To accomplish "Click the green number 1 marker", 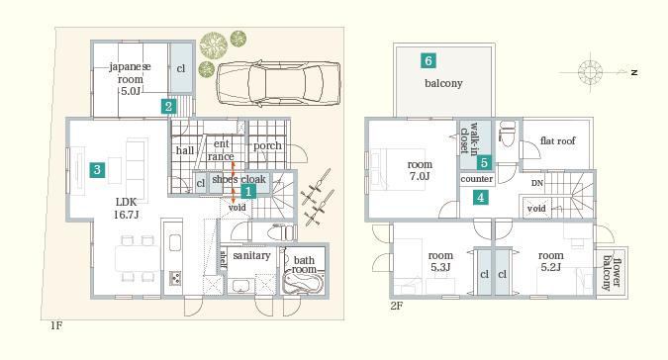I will point(247,191).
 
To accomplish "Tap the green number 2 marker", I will point(169,106).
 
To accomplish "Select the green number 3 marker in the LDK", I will point(97,169).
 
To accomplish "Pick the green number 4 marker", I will point(480,197).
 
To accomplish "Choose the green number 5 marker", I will point(484,162).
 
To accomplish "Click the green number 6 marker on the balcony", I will point(428,60).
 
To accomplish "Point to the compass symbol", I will point(592,72).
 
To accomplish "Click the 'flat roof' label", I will point(558,141).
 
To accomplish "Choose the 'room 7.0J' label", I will point(420,170).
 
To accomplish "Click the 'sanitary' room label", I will point(251,255).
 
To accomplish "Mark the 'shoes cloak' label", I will point(239,179).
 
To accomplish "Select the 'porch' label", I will point(267,145).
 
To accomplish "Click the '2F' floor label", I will point(396,306).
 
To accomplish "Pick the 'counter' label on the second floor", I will point(477,179).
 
